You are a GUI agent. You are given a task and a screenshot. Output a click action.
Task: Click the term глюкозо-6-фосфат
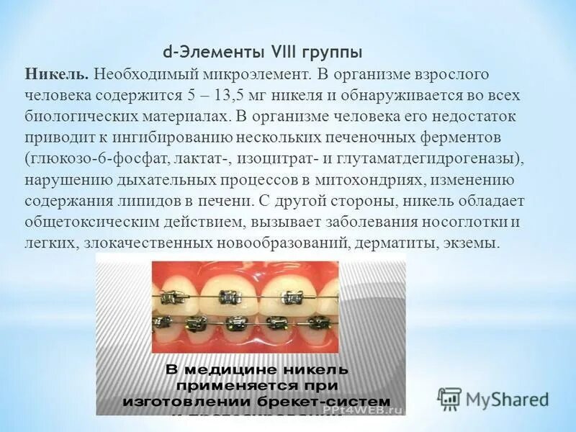coord(87,158)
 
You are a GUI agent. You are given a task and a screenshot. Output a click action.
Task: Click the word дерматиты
coord(393,243)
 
